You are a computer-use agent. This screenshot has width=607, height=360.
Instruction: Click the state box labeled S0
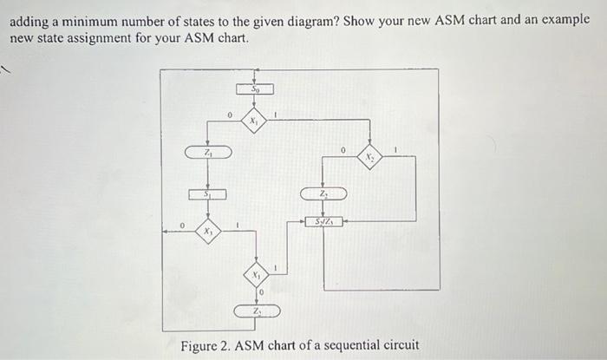(255, 88)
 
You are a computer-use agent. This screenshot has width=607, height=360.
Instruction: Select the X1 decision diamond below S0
(254, 122)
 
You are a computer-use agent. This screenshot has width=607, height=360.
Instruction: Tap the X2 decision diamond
(370, 158)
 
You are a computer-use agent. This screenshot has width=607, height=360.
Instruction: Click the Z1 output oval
(208, 153)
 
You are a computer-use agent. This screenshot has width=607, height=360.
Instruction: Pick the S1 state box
(207, 195)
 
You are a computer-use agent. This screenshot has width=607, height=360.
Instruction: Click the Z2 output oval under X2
(323, 193)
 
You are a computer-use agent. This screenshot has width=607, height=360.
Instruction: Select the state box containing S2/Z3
(323, 223)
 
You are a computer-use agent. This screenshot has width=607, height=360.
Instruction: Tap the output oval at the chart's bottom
(256, 311)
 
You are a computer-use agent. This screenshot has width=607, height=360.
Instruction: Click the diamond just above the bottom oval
(256, 275)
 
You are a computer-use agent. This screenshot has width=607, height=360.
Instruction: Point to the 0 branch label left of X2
(343, 151)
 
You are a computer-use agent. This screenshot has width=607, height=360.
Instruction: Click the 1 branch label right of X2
(395, 151)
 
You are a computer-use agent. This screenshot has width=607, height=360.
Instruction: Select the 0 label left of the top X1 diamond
(229, 114)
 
